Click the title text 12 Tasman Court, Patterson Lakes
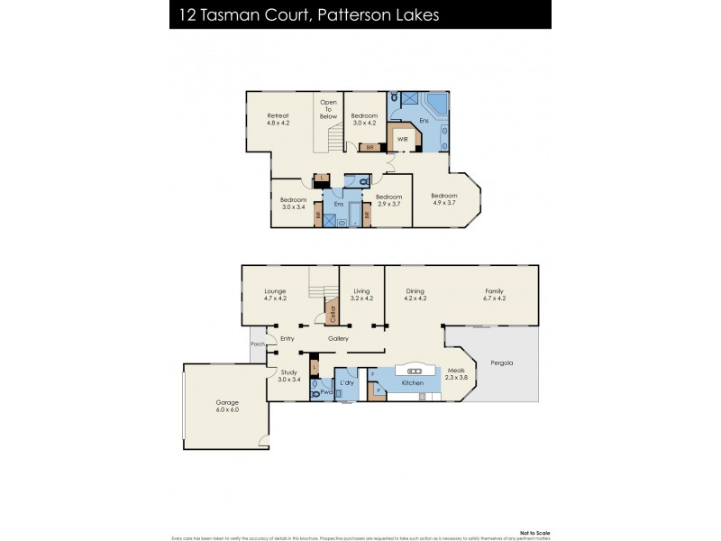pyautogui.click(x=306, y=15)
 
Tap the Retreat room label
pyautogui.click(x=278, y=120)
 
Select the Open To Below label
pyautogui.click(x=328, y=110)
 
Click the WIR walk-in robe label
pyautogui.click(x=403, y=139)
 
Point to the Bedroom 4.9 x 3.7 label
pyautogui.click(x=444, y=200)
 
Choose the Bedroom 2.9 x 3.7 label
pyautogui.click(x=388, y=201)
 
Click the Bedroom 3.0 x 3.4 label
pyautogui.click(x=294, y=204)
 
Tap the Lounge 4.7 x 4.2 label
pyautogui.click(x=275, y=295)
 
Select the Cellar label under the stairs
pyautogui.click(x=333, y=315)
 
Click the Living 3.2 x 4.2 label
pyautogui.click(x=362, y=295)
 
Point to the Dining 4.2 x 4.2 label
pyautogui.click(x=415, y=295)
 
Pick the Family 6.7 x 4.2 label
pyautogui.click(x=495, y=295)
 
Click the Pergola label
pyautogui.click(x=502, y=363)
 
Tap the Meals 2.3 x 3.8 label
pyautogui.click(x=457, y=374)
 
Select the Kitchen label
pyautogui.click(x=413, y=383)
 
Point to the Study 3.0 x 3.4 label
pyautogui.click(x=288, y=375)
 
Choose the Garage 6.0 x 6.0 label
pyautogui.click(x=227, y=407)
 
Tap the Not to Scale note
pyautogui.click(x=534, y=532)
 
